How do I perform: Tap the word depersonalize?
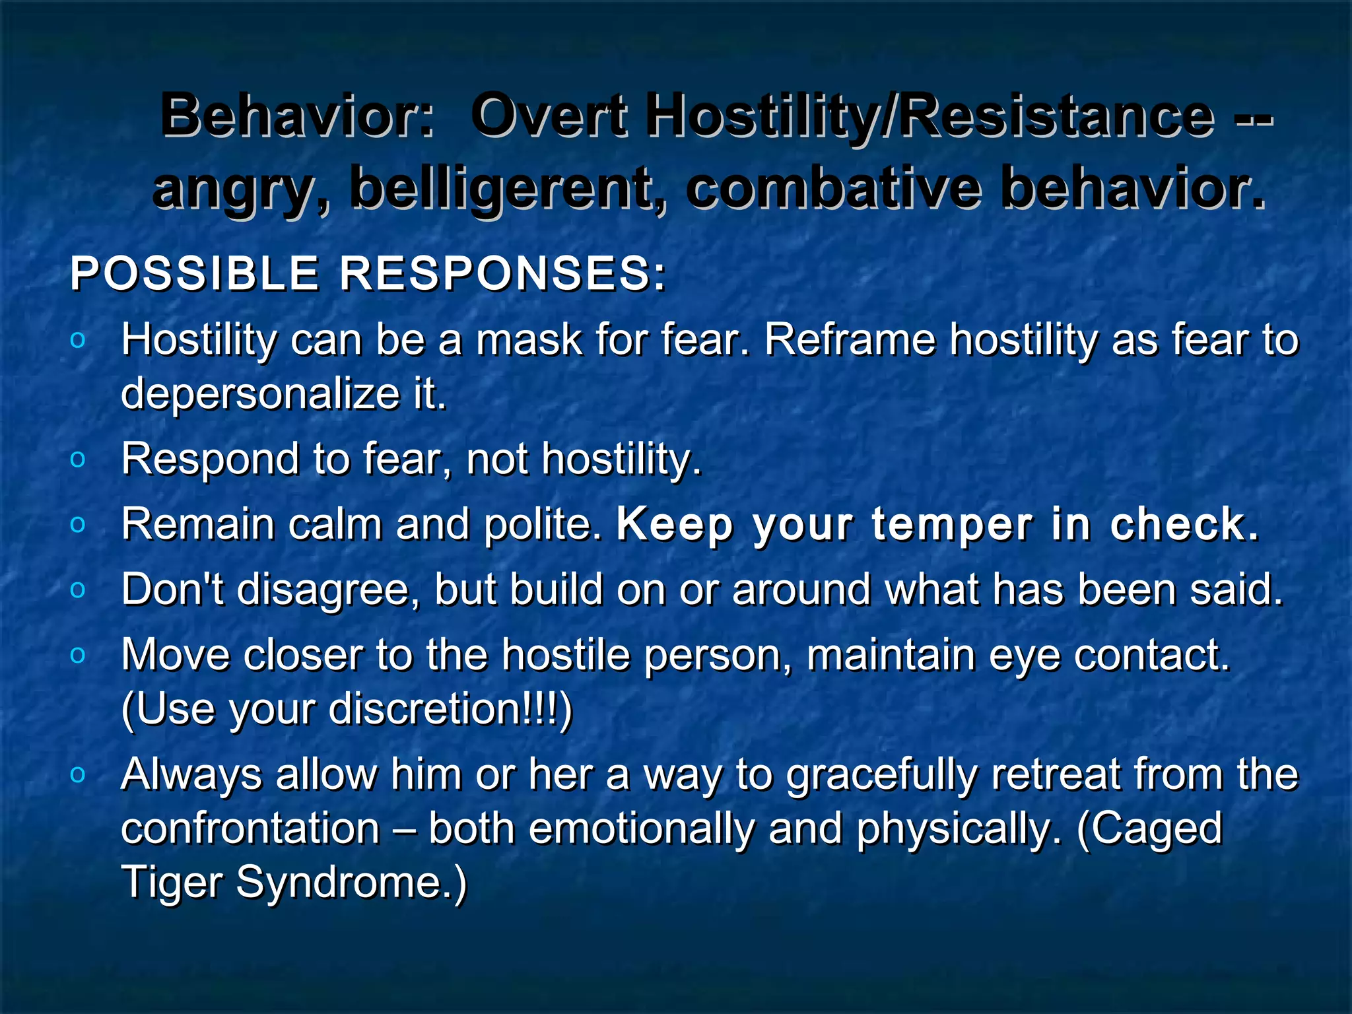(x=260, y=394)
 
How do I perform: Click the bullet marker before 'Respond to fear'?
(x=78, y=459)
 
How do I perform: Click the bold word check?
(x=1184, y=525)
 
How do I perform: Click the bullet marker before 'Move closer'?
(x=78, y=656)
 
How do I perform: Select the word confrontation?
(x=251, y=829)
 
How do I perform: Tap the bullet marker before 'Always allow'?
(x=78, y=774)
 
